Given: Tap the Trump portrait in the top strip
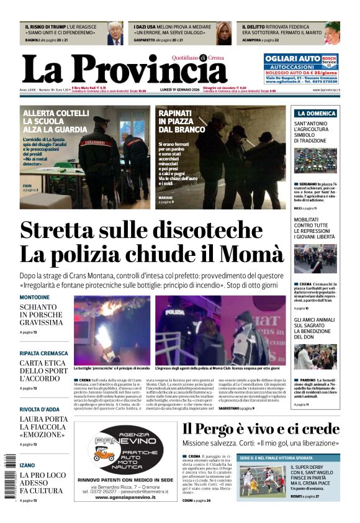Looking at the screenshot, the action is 114,34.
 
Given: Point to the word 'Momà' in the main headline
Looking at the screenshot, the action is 256,254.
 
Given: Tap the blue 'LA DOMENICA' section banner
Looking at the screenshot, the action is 316,114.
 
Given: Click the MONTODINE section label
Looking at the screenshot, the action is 35,298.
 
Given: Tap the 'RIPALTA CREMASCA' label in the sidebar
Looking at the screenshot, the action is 43,353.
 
